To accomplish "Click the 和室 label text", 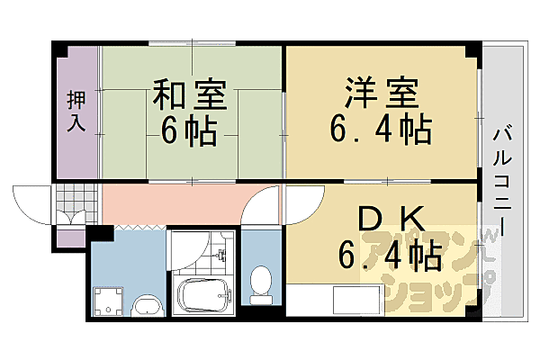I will click(189, 94).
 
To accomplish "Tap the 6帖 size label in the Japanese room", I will click(189, 132).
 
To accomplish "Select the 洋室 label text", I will click(377, 93).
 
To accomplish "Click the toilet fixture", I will click(262, 282).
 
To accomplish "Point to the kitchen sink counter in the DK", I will click(355, 300).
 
